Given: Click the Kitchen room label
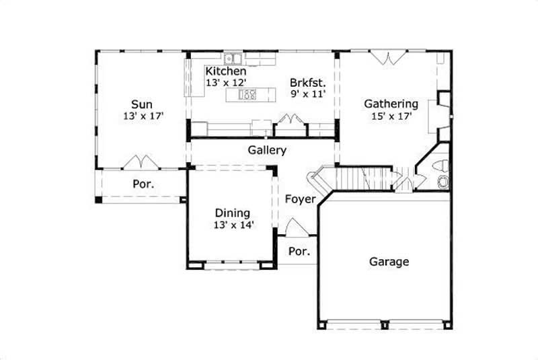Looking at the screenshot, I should click(225, 71).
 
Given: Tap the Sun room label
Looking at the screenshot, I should click(141, 104).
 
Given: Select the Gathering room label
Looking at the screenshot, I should click(391, 104).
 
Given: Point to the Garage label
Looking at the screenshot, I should click(389, 262).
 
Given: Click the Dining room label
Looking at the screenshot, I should click(233, 213).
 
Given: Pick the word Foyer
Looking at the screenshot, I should click(300, 199).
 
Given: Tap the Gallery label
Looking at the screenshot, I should click(267, 151).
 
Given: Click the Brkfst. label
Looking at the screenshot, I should click(307, 83).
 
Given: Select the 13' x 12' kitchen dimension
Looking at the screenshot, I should click(225, 83).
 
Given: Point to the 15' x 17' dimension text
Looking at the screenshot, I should click(391, 116).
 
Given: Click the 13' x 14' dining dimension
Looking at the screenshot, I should click(233, 225).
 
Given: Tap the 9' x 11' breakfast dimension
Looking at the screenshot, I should click(308, 94).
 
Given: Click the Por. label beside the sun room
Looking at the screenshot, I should click(143, 183).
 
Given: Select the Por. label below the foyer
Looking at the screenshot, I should click(298, 252).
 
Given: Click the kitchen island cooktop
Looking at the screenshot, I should click(247, 95).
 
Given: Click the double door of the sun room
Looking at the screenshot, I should click(142, 162).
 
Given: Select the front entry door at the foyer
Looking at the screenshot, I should click(296, 227).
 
